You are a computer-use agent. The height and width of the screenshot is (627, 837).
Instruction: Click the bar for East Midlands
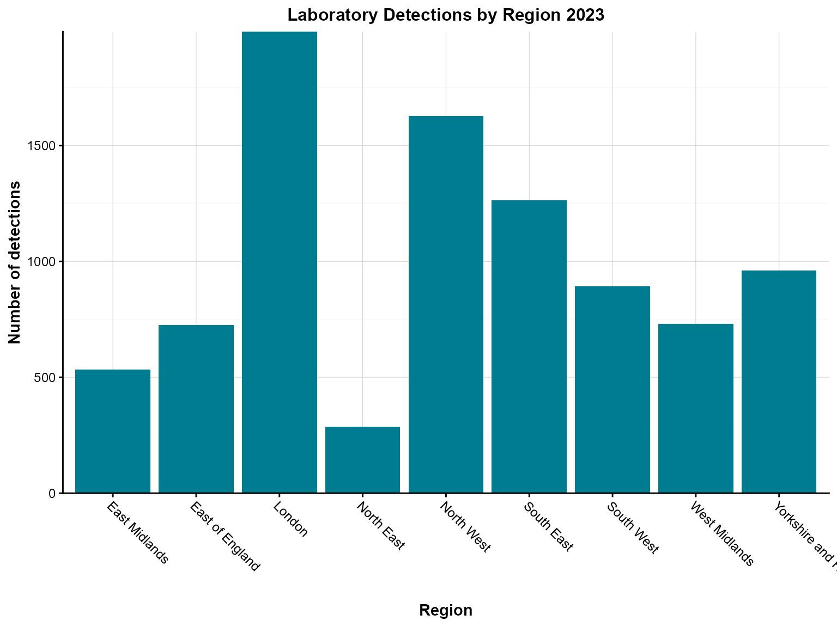[113, 431]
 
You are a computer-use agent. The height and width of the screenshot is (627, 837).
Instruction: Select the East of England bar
[196, 409]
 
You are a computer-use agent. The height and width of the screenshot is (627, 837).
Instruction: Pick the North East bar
[362, 459]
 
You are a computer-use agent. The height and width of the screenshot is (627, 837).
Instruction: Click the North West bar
[446, 304]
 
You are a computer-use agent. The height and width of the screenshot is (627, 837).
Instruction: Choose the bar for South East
[529, 346]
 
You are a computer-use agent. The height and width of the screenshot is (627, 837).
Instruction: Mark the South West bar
[612, 389]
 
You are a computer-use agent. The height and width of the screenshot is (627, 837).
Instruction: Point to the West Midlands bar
[696, 408]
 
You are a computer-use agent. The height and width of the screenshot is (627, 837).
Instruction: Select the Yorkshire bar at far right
[779, 382]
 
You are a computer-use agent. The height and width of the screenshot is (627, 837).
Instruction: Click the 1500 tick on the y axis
[41, 146]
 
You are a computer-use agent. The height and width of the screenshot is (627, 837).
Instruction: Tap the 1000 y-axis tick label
[41, 262]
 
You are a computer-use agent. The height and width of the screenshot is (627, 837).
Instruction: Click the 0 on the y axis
[52, 494]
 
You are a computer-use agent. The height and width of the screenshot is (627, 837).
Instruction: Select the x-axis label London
[291, 520]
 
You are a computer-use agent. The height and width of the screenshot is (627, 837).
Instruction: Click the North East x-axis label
[381, 526]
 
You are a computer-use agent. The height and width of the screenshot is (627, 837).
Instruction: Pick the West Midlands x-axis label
[721, 534]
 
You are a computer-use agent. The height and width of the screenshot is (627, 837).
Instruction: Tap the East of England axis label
[225, 537]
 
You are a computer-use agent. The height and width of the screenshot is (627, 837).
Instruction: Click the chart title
[446, 15]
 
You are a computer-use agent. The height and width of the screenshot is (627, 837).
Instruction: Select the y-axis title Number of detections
[15, 262]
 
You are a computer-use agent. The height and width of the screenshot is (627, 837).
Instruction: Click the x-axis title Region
[446, 610]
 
